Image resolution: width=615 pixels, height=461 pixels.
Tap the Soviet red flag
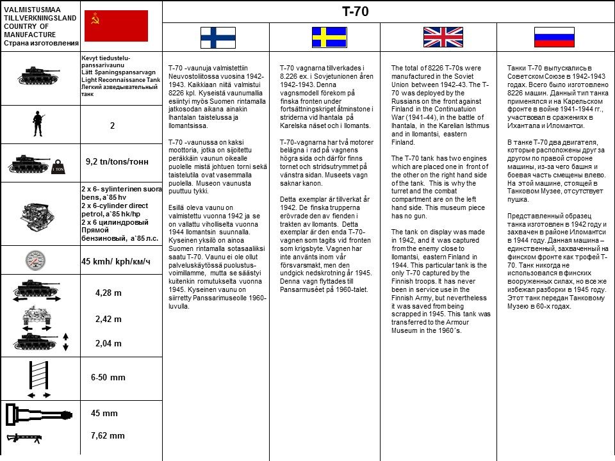116,26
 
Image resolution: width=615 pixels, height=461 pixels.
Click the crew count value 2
112,126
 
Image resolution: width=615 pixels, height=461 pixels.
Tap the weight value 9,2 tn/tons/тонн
117,162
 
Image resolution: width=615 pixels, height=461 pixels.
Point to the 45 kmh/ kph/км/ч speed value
115,261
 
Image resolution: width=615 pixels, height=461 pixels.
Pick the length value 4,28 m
108,293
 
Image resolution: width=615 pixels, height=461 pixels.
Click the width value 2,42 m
108,319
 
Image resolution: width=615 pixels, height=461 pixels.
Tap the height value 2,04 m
108,343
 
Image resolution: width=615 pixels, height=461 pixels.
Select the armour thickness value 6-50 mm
109,378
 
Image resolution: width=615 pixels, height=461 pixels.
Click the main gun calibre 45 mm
104,413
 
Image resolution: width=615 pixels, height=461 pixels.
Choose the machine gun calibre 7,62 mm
108,436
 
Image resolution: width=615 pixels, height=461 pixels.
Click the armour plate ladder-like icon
38,378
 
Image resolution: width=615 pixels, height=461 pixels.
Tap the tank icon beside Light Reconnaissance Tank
38,75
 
